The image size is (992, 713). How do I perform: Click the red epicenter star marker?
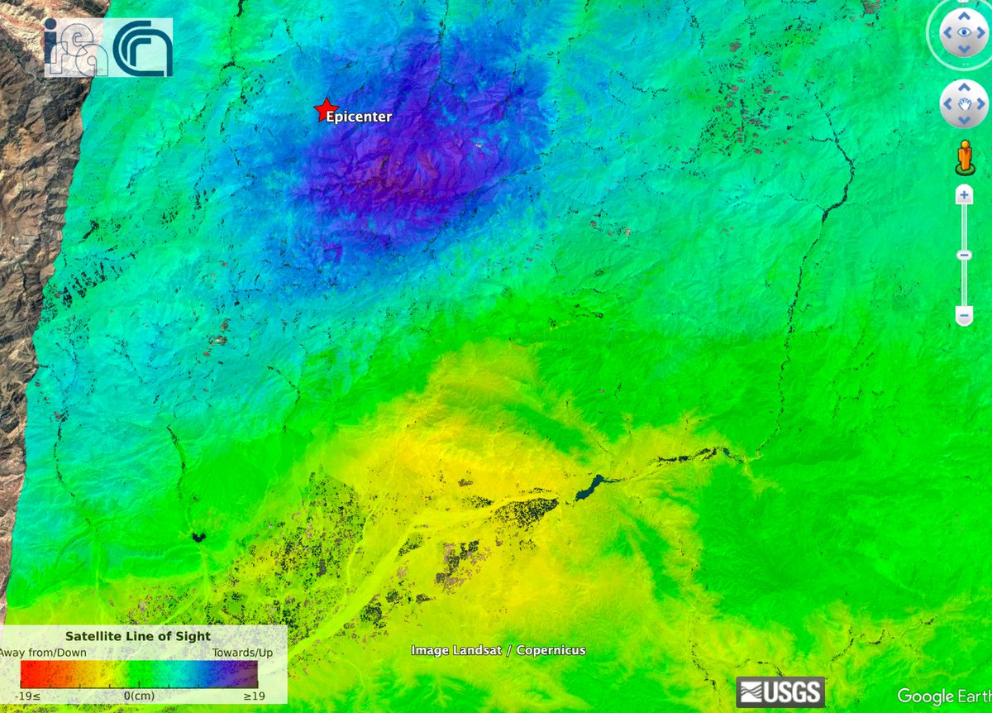pyautogui.click(x=325, y=110)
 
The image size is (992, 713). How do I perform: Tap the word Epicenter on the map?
pyautogui.click(x=359, y=117)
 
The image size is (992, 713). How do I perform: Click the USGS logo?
pyautogui.click(x=780, y=692)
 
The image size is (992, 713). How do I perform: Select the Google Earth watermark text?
pyautogui.click(x=942, y=696)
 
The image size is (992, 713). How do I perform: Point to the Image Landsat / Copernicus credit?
pyautogui.click(x=498, y=650)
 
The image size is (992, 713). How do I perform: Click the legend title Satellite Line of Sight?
pyautogui.click(x=138, y=636)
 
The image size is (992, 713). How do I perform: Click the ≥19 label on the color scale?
pyautogui.click(x=253, y=696)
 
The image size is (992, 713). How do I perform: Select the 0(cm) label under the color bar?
pyautogui.click(x=139, y=696)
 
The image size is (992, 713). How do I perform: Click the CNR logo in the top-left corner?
pyautogui.click(x=142, y=48)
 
